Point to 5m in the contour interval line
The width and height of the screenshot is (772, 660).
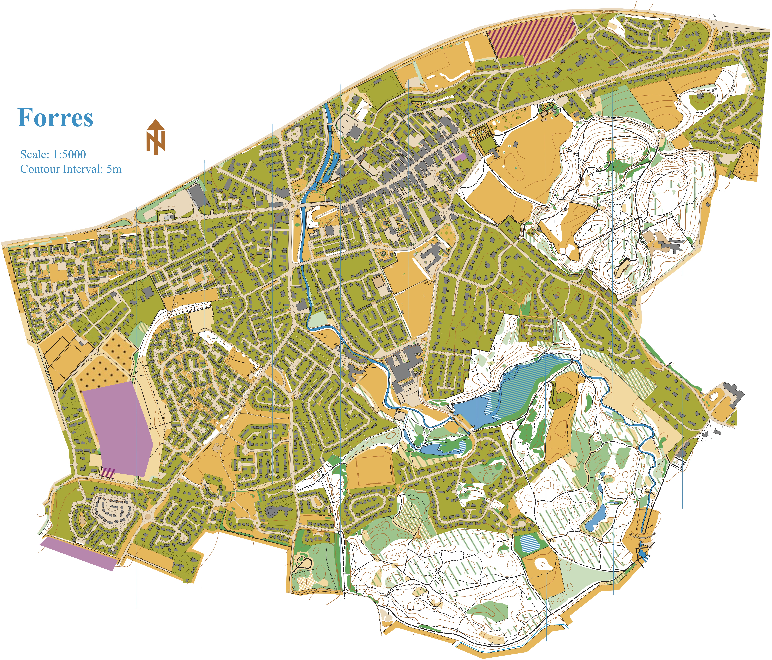(x=114, y=169)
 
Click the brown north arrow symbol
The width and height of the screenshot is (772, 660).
(x=155, y=137)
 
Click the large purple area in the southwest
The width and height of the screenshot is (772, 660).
(x=117, y=427)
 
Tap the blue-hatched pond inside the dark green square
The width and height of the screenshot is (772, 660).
(x=529, y=543)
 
